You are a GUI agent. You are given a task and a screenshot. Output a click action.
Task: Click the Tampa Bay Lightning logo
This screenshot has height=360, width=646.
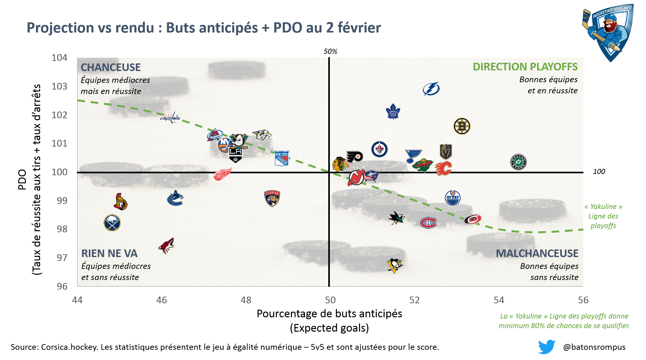(x=431, y=89)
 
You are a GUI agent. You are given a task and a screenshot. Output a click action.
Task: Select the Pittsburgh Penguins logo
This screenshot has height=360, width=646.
(x=394, y=266)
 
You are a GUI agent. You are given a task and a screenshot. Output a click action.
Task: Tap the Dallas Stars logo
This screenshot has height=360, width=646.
(x=518, y=162)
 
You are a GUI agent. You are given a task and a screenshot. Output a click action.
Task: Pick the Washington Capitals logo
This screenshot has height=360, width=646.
(x=170, y=118)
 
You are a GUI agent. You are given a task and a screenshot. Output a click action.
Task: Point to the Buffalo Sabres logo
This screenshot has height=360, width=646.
(x=112, y=223)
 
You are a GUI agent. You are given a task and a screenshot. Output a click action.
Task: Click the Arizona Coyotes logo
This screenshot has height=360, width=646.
(x=167, y=246)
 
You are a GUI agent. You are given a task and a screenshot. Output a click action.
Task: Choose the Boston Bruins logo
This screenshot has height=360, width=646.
(x=462, y=126)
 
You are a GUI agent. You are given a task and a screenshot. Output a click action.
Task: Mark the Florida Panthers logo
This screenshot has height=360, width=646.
(x=272, y=198)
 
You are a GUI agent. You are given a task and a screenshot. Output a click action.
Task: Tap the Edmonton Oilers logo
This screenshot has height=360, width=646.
(x=452, y=198)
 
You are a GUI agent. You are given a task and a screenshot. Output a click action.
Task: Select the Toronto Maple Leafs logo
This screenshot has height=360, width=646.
(x=393, y=112)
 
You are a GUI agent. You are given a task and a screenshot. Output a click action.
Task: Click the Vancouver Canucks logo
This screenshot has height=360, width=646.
(x=175, y=198)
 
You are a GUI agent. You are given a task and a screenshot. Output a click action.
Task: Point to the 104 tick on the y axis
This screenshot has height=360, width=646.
(x=60, y=58)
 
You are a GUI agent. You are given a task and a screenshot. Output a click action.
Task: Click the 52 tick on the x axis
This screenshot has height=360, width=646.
(x=415, y=300)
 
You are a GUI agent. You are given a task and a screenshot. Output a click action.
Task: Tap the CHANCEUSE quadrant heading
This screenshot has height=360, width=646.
(x=110, y=67)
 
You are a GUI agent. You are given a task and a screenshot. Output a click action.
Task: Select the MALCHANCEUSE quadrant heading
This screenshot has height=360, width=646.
(x=537, y=253)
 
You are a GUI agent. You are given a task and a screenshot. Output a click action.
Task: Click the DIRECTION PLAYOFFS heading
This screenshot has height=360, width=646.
(x=525, y=67)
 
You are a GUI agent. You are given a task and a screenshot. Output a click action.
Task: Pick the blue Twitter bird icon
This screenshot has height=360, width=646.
(x=547, y=347)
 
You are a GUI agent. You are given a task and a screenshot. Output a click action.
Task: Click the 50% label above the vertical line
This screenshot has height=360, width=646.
(x=330, y=51)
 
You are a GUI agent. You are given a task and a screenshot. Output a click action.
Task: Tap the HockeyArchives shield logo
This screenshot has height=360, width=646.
(x=608, y=32)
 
